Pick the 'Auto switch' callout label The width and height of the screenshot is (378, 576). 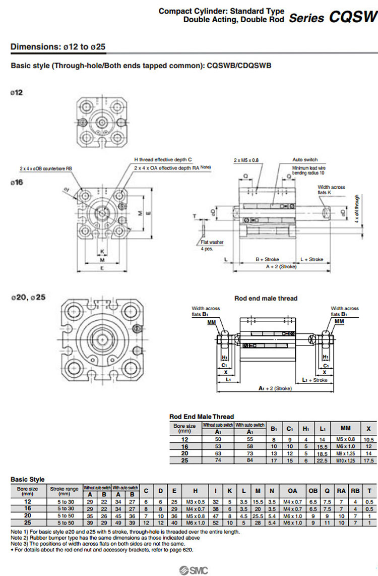click(x=305, y=160)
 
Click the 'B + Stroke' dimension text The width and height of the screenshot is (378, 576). click(x=267, y=259)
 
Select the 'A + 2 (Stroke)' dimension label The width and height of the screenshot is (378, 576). click(x=281, y=266)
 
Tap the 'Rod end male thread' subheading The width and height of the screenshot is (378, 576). click(x=266, y=298)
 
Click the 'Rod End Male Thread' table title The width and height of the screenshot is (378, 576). click(x=202, y=416)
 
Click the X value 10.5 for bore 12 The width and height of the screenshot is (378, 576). click(x=369, y=439)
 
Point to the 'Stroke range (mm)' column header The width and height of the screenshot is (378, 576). click(x=65, y=491)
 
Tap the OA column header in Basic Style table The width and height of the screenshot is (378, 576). click(x=292, y=491)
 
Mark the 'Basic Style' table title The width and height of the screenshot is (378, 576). click(x=28, y=479)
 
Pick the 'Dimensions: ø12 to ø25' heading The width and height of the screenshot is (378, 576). click(x=58, y=47)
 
